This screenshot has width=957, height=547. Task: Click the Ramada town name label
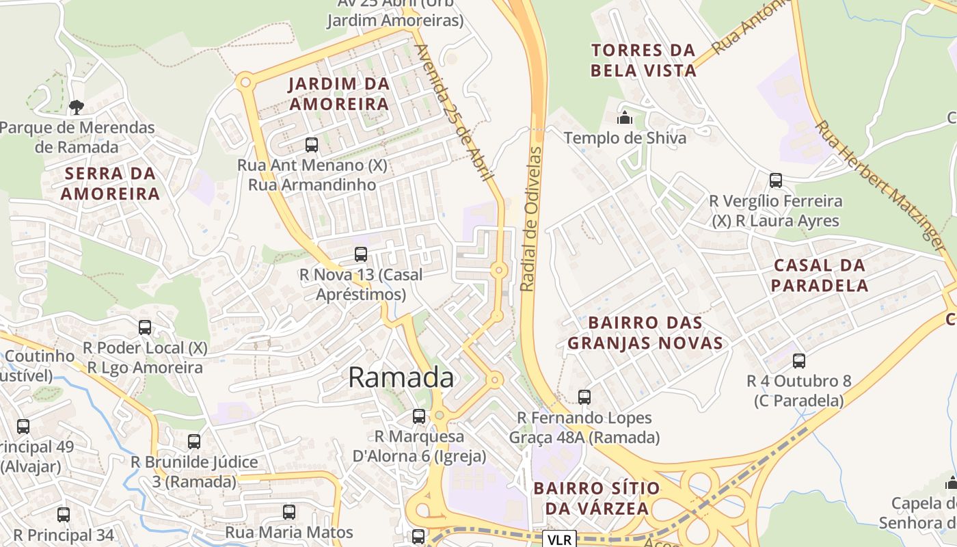point(401,377)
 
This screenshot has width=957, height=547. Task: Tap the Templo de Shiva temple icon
point(624,118)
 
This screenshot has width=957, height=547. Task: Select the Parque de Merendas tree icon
point(77,107)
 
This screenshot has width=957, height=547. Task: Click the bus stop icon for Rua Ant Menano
point(312,144)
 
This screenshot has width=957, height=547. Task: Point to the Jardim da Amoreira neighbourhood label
point(339,94)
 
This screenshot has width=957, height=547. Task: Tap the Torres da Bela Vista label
point(643,60)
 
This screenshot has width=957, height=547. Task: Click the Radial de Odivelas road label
point(531,219)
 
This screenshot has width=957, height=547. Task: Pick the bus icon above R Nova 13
point(361,254)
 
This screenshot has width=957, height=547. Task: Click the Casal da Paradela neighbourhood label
point(819,276)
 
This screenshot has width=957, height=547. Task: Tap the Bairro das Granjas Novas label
point(645,332)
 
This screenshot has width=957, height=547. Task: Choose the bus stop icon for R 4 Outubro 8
point(798,360)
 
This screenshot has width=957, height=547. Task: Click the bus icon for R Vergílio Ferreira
point(776,181)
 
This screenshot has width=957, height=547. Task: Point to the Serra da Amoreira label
point(110,184)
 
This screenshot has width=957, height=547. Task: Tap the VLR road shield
point(560,539)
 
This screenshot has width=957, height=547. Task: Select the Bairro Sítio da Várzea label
point(597,498)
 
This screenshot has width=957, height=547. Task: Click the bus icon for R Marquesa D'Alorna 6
point(419,416)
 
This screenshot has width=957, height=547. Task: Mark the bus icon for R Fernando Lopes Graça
point(584,397)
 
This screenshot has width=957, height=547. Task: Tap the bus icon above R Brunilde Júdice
point(194,442)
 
